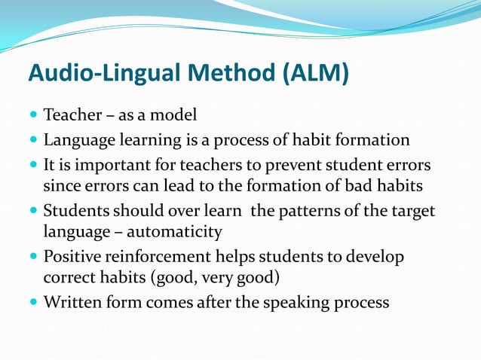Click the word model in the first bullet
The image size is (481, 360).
[x=175, y=117]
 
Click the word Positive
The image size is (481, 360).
[x=72, y=257]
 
